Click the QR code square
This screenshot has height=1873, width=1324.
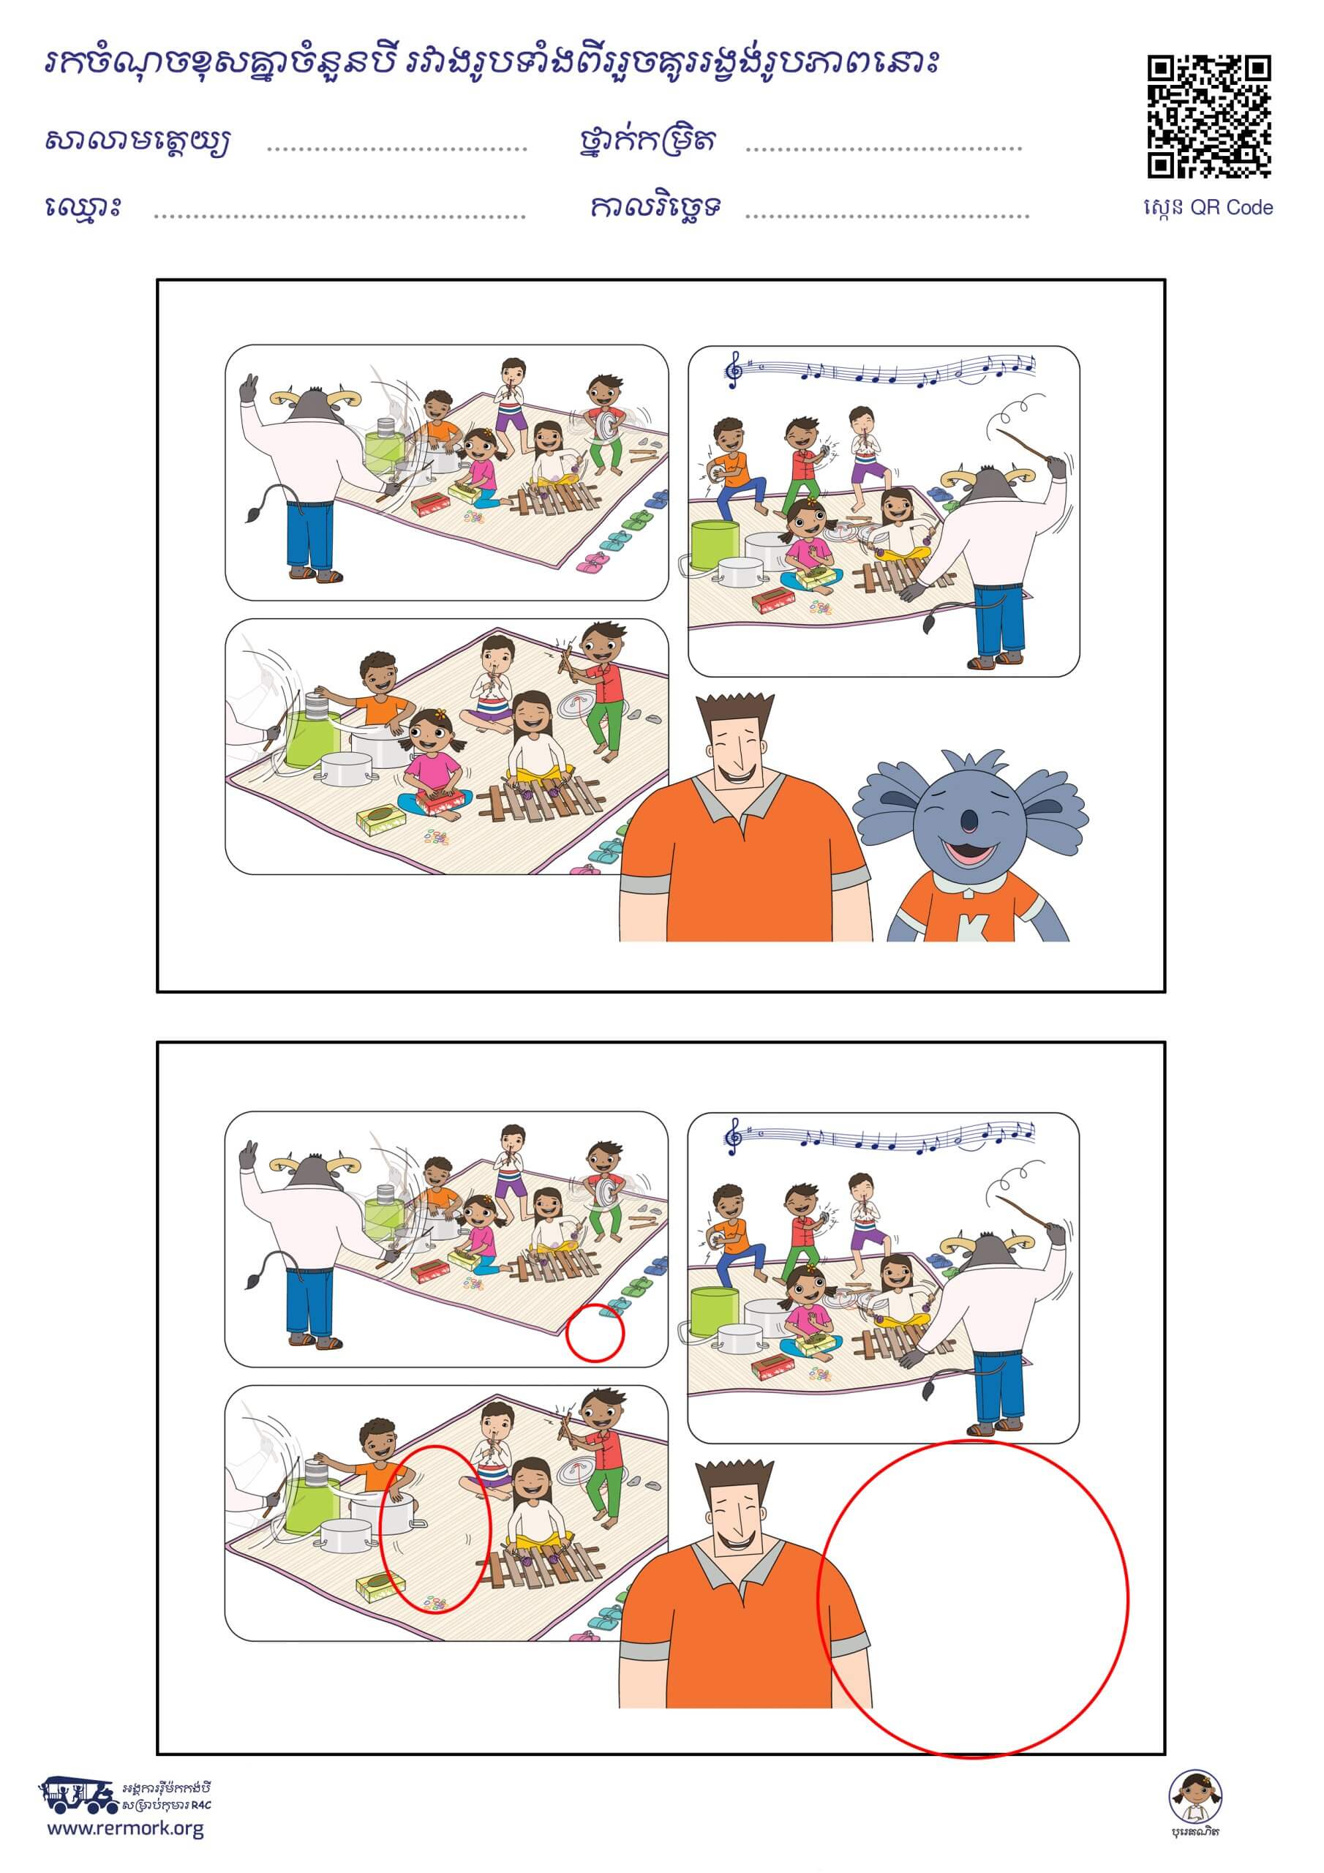click(x=1209, y=116)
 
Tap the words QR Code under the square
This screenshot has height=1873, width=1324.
click(x=1231, y=208)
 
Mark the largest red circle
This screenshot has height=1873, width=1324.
click(x=972, y=1599)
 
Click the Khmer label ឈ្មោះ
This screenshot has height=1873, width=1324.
click(x=84, y=206)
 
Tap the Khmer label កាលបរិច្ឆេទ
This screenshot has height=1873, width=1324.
click(x=656, y=207)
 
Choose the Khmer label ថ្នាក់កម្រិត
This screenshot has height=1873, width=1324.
click(x=645, y=140)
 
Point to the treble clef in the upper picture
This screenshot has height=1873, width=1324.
click(x=734, y=369)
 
